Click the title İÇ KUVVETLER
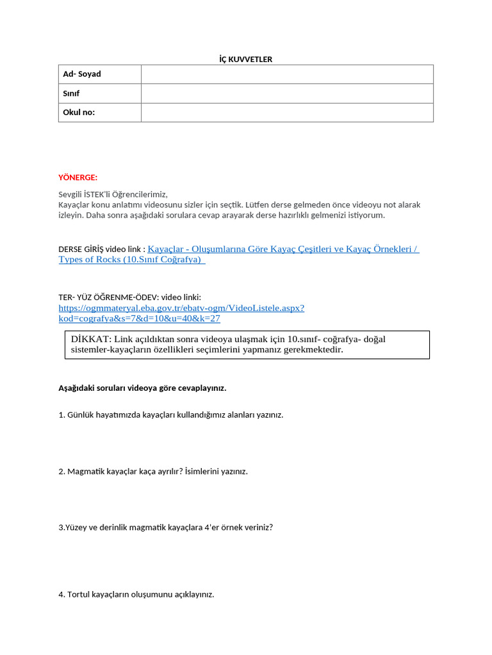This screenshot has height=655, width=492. (x=246, y=59)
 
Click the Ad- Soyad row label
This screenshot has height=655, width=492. (x=82, y=74)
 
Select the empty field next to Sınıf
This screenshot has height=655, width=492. (x=287, y=93)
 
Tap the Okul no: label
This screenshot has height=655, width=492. (x=79, y=113)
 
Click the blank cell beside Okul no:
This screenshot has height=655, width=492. (x=287, y=113)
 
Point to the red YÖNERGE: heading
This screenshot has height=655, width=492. (x=78, y=177)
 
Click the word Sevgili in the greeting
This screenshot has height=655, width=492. (x=71, y=194)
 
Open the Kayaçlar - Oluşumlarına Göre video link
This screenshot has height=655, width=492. (x=283, y=249)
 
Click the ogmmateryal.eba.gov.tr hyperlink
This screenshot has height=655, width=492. (x=181, y=308)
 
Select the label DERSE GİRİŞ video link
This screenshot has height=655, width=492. (x=101, y=249)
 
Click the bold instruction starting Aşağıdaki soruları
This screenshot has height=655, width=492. (x=142, y=388)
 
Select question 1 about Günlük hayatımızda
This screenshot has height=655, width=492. (x=170, y=414)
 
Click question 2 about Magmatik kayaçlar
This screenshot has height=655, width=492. (x=152, y=471)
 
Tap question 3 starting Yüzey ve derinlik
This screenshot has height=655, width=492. (x=165, y=528)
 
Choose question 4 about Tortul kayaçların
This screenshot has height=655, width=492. (x=136, y=594)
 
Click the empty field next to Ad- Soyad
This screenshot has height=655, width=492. (x=287, y=74)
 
